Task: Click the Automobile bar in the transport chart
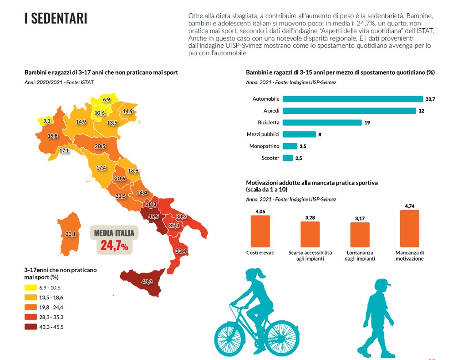pos(353,99)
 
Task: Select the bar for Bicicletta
pos(322,123)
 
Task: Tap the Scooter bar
pos(287,158)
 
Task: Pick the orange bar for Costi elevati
pos(260,231)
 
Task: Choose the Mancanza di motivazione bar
pos(409,228)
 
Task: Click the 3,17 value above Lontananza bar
pos(360,218)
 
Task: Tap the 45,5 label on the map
pos(153,216)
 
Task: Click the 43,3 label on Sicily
pos(147,282)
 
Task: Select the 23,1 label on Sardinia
pos(71,234)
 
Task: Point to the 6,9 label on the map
pos(107,99)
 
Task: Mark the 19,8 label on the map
pos(52,136)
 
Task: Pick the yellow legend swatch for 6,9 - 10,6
pos(31,288)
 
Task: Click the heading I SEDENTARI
pos(56,18)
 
